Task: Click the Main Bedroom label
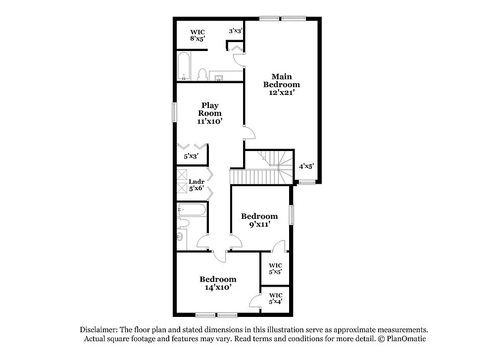click(281, 84)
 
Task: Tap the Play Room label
click(210, 113)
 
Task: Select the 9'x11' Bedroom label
click(259, 220)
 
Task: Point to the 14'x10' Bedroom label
click(218, 283)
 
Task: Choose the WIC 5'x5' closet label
click(276, 268)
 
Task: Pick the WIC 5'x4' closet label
click(276, 298)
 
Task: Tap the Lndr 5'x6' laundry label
click(197, 185)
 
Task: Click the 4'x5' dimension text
click(306, 166)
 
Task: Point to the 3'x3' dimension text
click(235, 31)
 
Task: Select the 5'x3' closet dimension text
click(191, 156)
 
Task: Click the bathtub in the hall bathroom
click(191, 210)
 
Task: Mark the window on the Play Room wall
click(174, 112)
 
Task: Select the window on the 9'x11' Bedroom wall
click(292, 215)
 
